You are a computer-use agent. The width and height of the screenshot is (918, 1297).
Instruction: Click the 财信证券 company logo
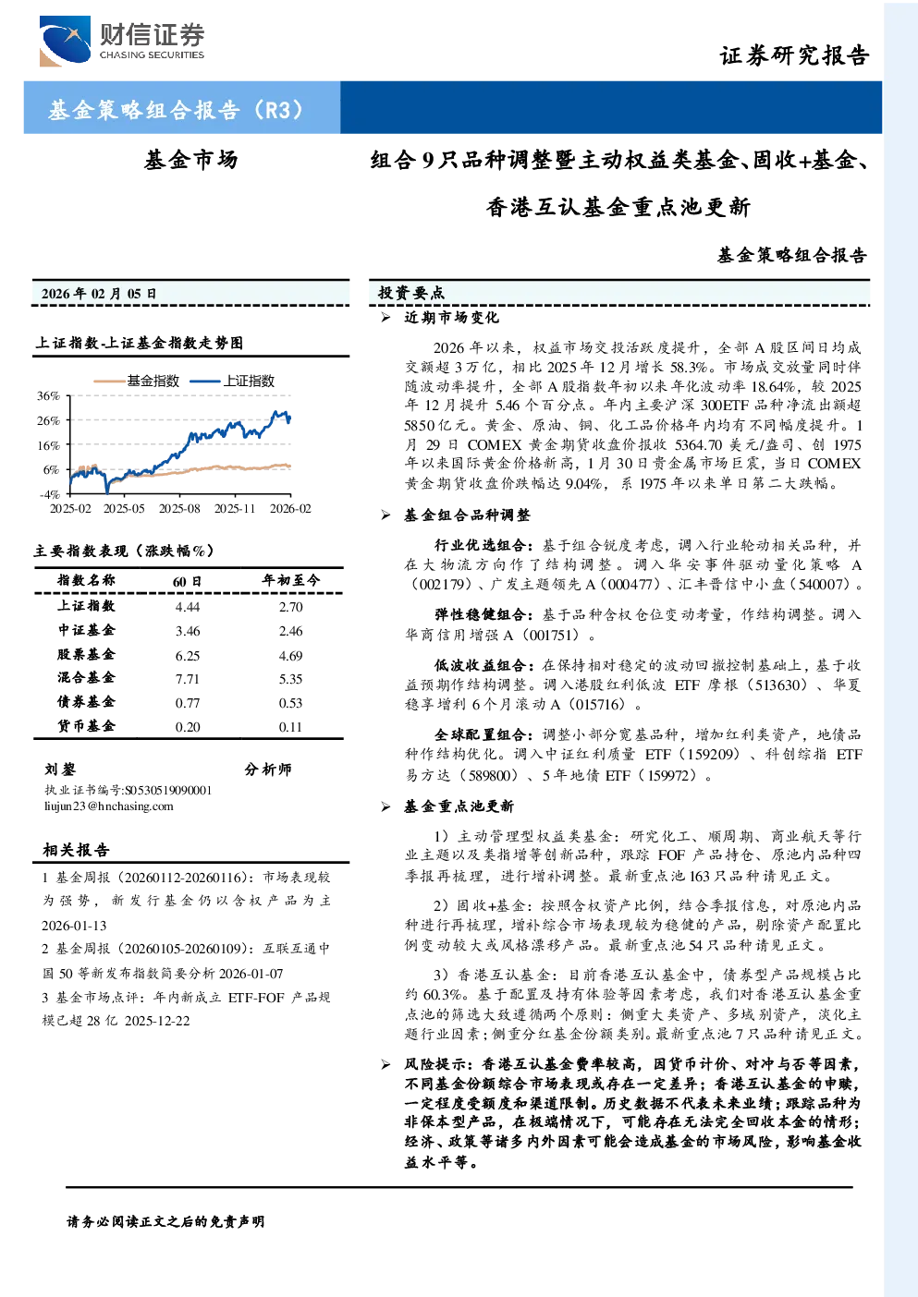[x=122, y=41]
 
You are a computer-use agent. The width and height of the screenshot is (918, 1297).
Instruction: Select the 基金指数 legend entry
[x=137, y=381]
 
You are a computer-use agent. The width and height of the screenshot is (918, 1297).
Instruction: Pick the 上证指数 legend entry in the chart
[x=232, y=381]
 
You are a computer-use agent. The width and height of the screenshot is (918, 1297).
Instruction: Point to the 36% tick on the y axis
[x=49, y=396]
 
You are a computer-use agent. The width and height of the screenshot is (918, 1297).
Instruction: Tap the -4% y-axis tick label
[x=49, y=494]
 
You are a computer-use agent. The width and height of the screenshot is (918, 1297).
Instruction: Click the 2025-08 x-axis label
[x=179, y=508]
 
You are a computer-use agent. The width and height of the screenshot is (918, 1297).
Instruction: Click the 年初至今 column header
[x=290, y=580]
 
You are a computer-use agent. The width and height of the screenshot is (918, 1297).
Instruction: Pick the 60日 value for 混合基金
[x=187, y=679]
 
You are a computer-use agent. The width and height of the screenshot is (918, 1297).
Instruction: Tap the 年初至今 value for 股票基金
[x=290, y=656]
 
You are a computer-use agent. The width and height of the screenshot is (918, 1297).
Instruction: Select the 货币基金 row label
[x=86, y=726]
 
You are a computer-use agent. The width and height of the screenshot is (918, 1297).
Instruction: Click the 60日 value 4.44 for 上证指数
[x=187, y=607]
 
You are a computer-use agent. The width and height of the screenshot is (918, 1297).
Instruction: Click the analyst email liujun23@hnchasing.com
[x=109, y=806]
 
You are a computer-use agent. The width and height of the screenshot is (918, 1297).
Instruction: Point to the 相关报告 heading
[x=76, y=850]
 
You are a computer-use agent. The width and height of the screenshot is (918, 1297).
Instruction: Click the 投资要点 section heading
[x=410, y=293]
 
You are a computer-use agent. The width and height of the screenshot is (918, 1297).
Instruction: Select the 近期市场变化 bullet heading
[x=451, y=317]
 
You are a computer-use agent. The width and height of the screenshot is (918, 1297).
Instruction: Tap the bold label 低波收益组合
[x=480, y=665]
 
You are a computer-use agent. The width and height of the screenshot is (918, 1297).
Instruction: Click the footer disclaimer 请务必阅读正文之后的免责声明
[x=165, y=1222]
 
